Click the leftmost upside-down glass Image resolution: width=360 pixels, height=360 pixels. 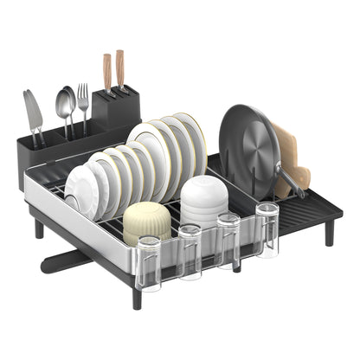[149, 263]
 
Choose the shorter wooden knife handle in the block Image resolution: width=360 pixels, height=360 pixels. [107, 73]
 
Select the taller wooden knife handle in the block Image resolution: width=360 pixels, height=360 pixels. [120, 67]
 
